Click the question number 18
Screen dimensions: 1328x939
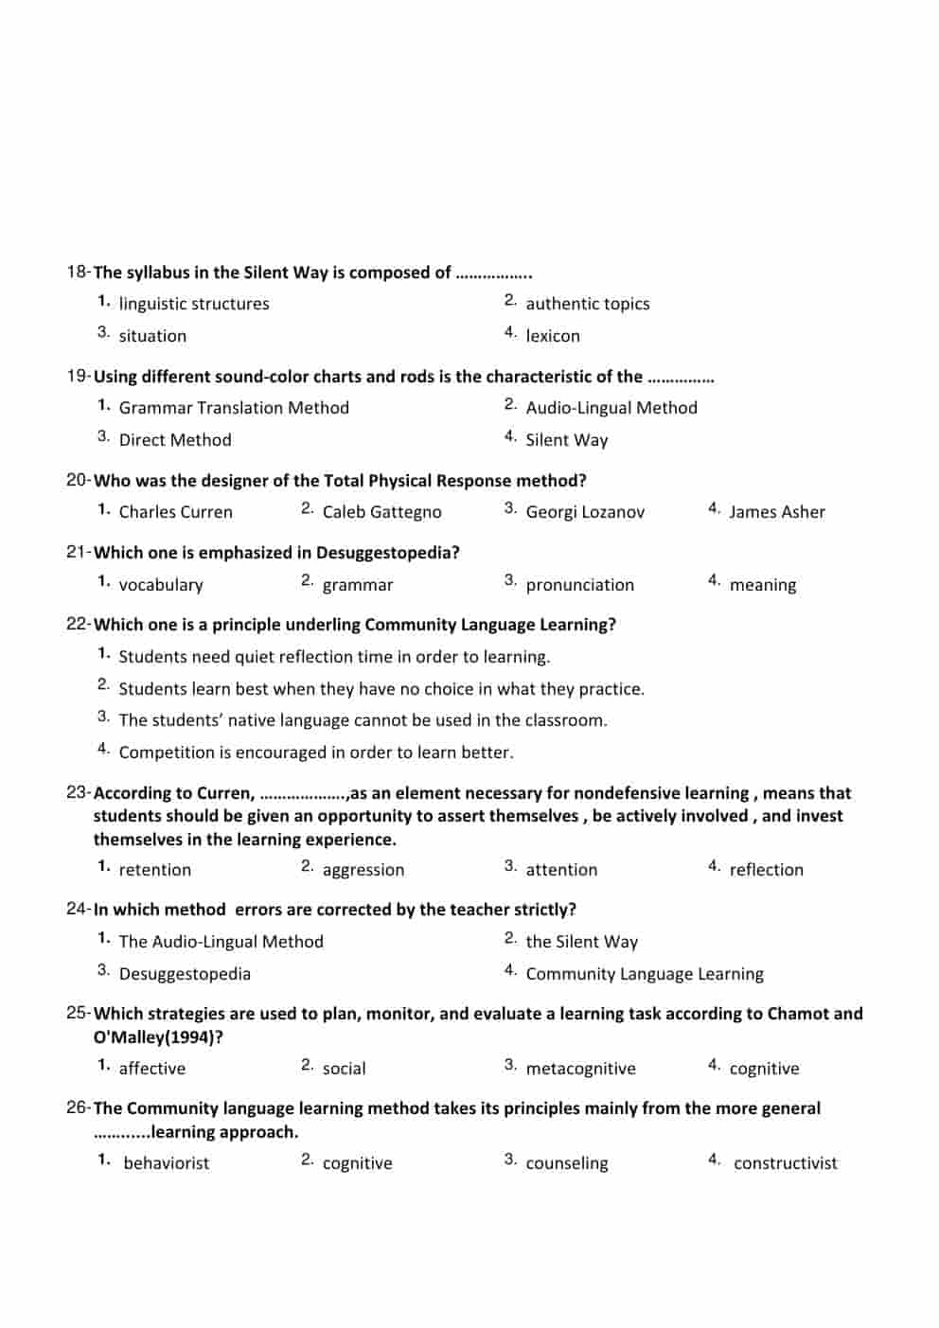coord(77,273)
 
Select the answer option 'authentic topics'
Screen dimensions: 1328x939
coord(587,304)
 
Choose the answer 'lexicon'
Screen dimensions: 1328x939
coord(553,336)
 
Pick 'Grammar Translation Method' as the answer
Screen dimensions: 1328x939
coord(234,408)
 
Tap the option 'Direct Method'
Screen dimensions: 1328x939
coord(175,440)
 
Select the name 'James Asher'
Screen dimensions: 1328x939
coord(776,512)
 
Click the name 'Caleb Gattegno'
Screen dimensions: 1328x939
coord(381,512)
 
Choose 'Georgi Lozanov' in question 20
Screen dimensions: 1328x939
coord(585,512)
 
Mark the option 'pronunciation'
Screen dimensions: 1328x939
coord(579,585)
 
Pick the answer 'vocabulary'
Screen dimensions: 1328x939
coord(161,585)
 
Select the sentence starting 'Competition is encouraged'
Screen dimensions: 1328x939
coord(316,753)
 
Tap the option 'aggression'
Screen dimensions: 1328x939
coord(363,870)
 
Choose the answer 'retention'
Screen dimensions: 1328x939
coord(155,870)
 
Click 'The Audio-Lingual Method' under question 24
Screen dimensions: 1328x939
coord(221,942)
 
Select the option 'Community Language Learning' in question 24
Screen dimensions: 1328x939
coord(644,974)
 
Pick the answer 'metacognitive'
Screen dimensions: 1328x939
coord(580,1069)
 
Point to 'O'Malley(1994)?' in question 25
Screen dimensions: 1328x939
coord(158,1037)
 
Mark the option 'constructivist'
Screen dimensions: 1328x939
coord(785,1163)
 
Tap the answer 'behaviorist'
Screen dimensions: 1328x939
coord(167,1163)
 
